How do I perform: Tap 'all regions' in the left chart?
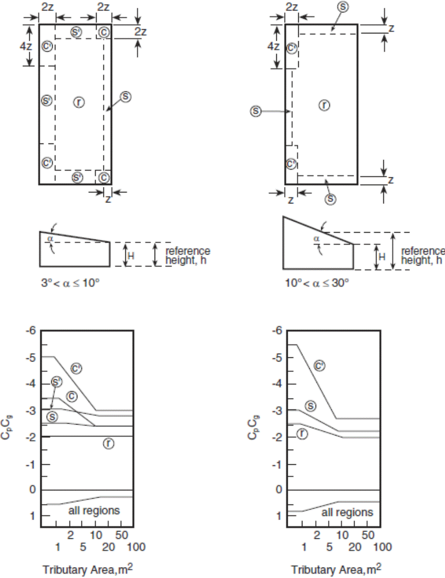[94, 510]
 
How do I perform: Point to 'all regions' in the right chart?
[347, 512]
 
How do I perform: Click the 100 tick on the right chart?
[383, 547]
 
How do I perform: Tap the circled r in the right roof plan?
[324, 105]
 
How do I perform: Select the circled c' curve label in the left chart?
[77, 369]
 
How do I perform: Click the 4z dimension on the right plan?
[273, 46]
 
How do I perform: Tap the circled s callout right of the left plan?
[126, 97]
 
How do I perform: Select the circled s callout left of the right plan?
[255, 111]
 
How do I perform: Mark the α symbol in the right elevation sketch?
[317, 239]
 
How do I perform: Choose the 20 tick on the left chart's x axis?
[108, 547]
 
